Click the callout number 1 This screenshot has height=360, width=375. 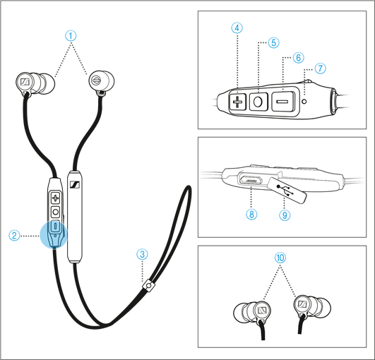(x=69, y=35)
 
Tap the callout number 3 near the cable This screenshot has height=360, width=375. (x=143, y=253)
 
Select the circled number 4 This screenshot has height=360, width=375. (x=237, y=28)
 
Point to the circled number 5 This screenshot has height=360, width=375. (x=274, y=42)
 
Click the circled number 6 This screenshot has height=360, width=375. (x=297, y=56)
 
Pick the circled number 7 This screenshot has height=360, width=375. (x=321, y=68)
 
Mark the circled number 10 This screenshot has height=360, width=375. (x=281, y=258)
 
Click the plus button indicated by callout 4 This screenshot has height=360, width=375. (x=237, y=102)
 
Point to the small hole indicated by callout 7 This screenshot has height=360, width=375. (x=304, y=101)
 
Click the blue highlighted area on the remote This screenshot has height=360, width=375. (x=54, y=234)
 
